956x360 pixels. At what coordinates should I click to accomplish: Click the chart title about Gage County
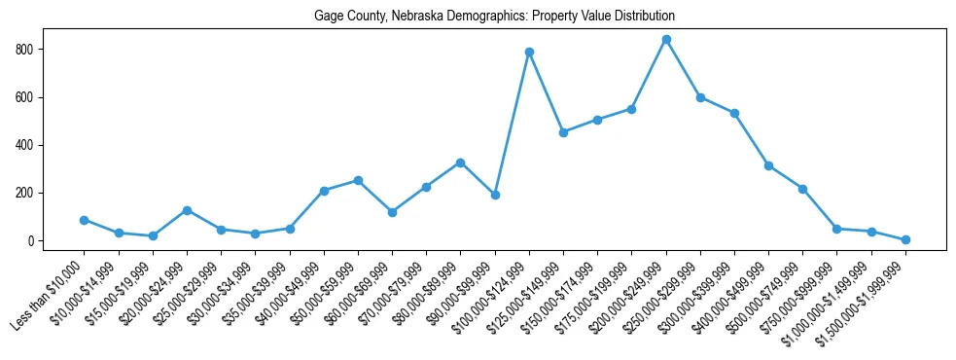[x=494, y=17]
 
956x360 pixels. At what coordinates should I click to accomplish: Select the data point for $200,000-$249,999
[x=666, y=40]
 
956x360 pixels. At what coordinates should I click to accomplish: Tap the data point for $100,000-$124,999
[x=529, y=52]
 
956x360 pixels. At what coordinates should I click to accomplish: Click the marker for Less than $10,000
[x=84, y=220]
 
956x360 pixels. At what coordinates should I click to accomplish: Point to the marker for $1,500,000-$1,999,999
[x=905, y=239]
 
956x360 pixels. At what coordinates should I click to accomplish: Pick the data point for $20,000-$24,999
[x=187, y=210]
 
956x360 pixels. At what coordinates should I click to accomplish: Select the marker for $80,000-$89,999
[x=460, y=162]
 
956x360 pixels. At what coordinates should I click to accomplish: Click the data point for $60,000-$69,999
[x=392, y=212]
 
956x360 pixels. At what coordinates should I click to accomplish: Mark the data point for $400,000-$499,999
[x=768, y=165]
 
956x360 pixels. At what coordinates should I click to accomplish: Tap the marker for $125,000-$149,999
[x=563, y=132]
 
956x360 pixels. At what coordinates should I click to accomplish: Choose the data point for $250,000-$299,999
[x=700, y=97]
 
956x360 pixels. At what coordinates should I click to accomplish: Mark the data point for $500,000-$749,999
[x=802, y=189]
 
